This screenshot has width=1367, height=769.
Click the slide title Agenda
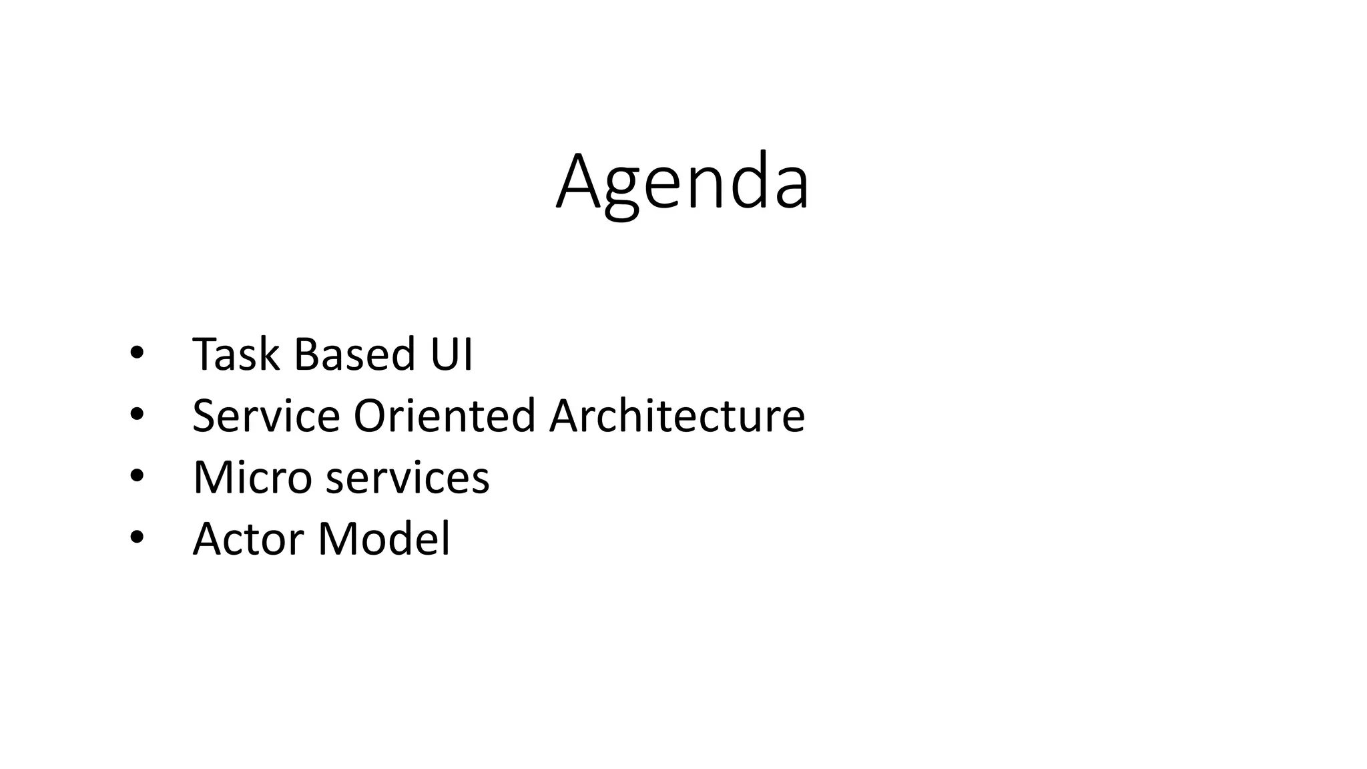coord(683,182)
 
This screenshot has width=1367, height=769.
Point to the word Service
coord(266,416)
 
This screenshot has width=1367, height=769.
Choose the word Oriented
coord(445,416)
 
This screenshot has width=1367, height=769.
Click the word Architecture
coord(677,416)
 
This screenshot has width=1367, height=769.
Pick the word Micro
coord(252,477)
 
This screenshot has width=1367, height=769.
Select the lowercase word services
coord(407,479)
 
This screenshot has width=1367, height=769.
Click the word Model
coord(384,539)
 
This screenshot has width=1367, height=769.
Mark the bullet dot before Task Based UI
coord(136,354)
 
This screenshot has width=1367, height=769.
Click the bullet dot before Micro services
coord(136,477)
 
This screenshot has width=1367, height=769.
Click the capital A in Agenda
coord(579,182)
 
